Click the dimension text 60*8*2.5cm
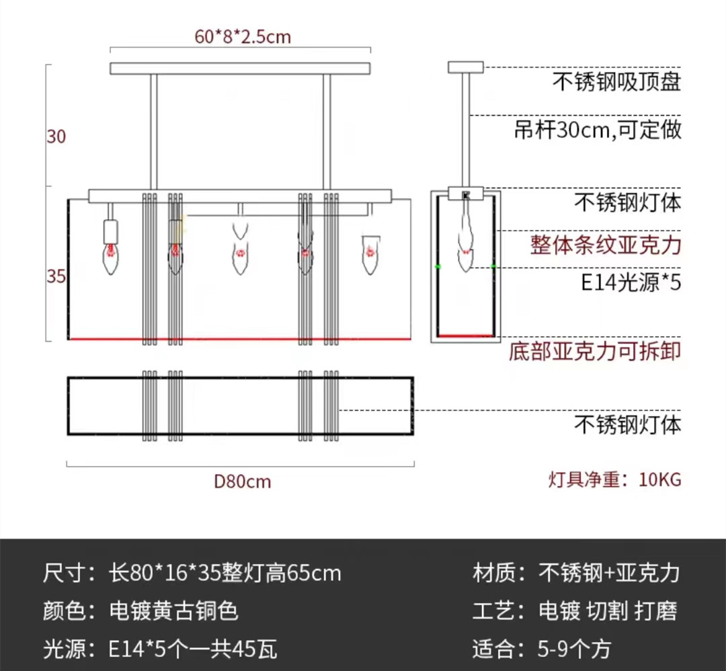(x=243, y=36)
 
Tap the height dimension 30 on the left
(x=56, y=136)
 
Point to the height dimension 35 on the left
(x=56, y=276)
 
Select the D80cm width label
(x=242, y=481)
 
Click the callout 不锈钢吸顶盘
(x=617, y=82)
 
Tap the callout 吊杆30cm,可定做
(x=598, y=129)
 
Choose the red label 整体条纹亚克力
(x=606, y=244)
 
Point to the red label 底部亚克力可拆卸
(x=596, y=351)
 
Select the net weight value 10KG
(x=660, y=479)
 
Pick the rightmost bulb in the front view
(x=368, y=254)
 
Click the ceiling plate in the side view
(x=465, y=67)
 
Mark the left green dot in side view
(x=438, y=267)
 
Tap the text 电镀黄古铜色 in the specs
(x=173, y=610)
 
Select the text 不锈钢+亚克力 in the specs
(x=609, y=573)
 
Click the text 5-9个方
(x=575, y=649)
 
